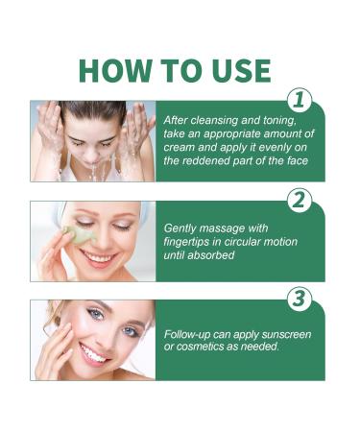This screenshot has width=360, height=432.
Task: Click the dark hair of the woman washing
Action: pos(92,111)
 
